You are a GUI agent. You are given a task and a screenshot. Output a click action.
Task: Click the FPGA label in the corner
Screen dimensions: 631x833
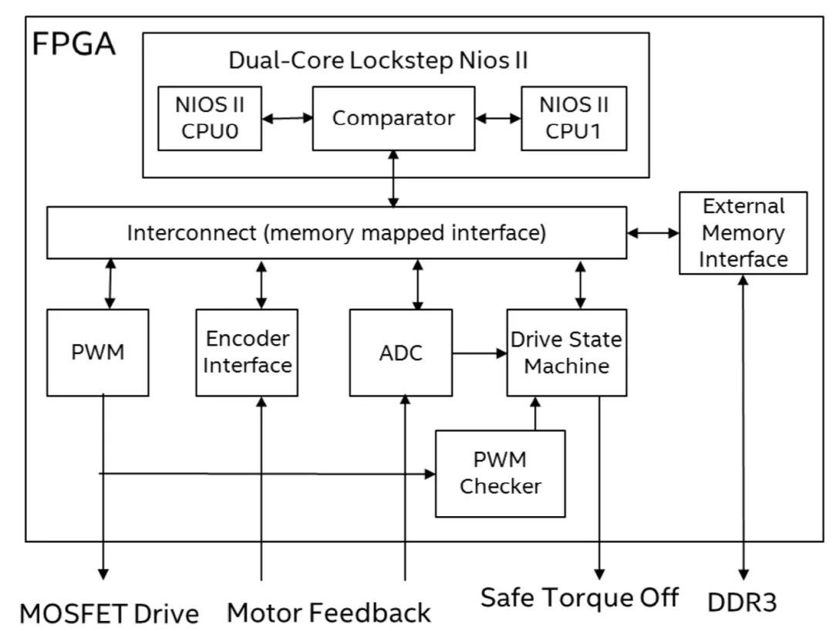[x=74, y=44]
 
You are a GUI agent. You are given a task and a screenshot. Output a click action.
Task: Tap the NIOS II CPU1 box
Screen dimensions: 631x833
[x=573, y=118]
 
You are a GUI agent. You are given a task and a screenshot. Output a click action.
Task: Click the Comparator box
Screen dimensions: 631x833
[x=393, y=118]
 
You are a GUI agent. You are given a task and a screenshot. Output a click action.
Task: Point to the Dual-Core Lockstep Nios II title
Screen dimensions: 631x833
[x=378, y=60]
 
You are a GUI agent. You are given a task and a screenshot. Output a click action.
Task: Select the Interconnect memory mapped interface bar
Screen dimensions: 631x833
[x=336, y=232]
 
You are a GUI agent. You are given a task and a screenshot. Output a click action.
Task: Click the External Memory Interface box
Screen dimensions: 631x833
[x=743, y=233]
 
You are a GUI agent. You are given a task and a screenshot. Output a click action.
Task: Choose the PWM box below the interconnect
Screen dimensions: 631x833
[x=97, y=353]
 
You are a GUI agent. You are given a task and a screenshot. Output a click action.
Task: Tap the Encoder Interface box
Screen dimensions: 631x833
[x=247, y=353]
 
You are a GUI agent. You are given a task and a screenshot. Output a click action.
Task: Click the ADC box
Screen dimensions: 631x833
[x=400, y=353]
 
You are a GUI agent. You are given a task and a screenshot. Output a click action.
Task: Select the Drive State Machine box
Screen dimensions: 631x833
[x=566, y=353]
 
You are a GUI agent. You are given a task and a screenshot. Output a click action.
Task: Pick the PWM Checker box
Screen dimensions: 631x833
[x=500, y=473]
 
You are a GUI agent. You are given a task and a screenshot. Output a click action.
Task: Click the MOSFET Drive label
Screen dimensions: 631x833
[x=109, y=613]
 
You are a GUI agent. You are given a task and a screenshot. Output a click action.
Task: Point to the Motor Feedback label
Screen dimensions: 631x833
[x=329, y=612]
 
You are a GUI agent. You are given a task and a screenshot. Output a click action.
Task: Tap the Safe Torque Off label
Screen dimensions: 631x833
[x=579, y=596]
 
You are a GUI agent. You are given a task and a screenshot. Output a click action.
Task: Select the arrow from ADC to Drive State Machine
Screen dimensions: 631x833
[x=479, y=353]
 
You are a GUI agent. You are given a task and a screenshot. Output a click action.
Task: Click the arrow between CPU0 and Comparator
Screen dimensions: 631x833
[x=286, y=118]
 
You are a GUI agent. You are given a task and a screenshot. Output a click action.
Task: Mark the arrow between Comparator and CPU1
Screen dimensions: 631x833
[x=498, y=118]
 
